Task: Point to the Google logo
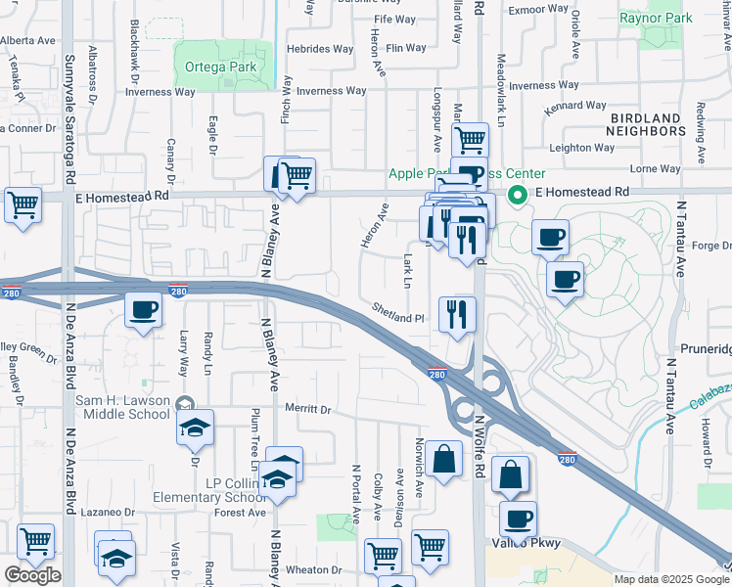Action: pos(32,575)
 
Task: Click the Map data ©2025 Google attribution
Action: pos(672,579)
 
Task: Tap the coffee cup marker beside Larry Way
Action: pos(144,310)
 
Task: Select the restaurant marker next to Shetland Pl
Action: pos(457,314)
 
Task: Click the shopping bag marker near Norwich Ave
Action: pos(443,458)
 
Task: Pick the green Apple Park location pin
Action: pos(521,193)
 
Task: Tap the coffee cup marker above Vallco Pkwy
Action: pos(518,519)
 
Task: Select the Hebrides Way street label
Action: pos(320,48)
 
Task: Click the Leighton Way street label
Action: pos(583,148)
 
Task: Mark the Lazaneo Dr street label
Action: pos(107,512)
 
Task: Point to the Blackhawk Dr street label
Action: pos(135,68)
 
